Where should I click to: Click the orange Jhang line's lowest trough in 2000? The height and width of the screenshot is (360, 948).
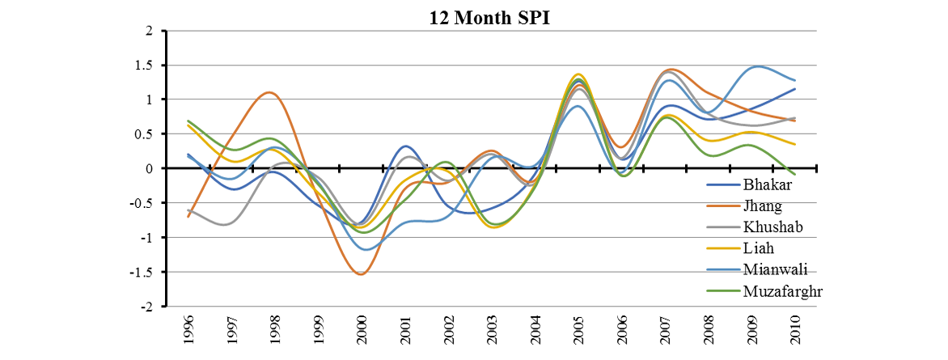[x=361, y=274]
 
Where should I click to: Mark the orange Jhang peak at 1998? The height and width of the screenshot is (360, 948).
[x=269, y=92]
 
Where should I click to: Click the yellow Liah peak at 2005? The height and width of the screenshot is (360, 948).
[x=578, y=74]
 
